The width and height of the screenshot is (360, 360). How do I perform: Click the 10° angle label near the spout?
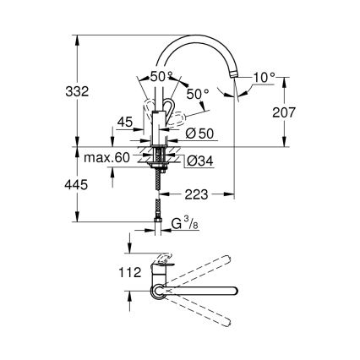264,77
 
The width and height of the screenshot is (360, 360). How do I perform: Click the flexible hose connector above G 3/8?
156,209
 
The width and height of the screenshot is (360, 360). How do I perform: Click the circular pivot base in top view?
158,291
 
